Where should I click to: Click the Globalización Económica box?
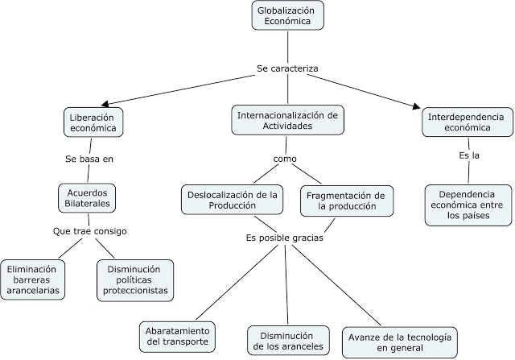(x=286, y=16)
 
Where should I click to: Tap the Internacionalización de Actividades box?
(x=286, y=120)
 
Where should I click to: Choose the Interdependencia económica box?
(x=467, y=122)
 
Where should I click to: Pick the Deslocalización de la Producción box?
(x=233, y=200)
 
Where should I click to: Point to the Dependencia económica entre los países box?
(x=468, y=205)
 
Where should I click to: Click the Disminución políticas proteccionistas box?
(x=134, y=279)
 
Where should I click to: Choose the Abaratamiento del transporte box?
(x=178, y=336)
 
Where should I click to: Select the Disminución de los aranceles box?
(x=287, y=340)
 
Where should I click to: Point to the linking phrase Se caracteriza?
(x=287, y=68)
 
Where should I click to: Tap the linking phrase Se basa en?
(x=89, y=159)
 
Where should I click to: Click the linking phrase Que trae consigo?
(x=90, y=232)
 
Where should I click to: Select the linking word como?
(x=285, y=159)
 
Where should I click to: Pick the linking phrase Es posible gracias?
(x=285, y=238)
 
